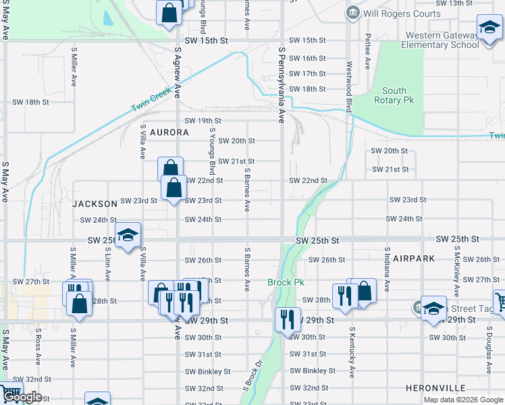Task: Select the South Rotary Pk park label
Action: pyautogui.click(x=394, y=95)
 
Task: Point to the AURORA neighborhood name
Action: pyautogui.click(x=169, y=132)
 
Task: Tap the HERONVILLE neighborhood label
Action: pyautogui.click(x=435, y=388)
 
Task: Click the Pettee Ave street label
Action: pyautogui.click(x=368, y=51)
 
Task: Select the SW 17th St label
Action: pyautogui.click(x=307, y=74)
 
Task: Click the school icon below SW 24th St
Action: pyautogui.click(x=128, y=236)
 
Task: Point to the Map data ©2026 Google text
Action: pyautogui.click(x=462, y=399)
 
